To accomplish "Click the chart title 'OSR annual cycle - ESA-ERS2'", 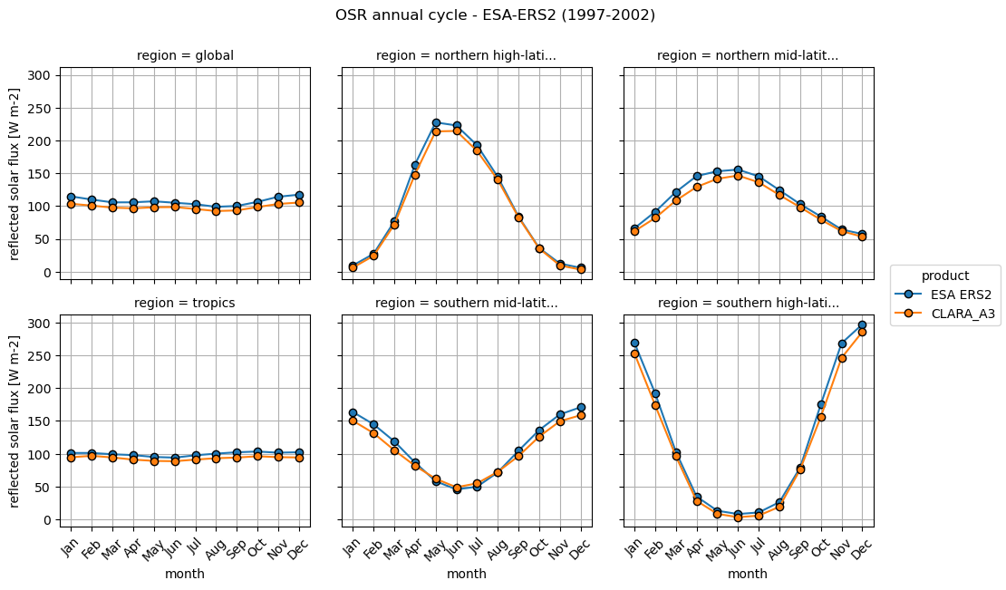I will coord(495,15).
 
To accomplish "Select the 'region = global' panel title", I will coord(185,56).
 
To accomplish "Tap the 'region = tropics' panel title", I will coord(185,304).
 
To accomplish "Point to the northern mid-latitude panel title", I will coord(748,56).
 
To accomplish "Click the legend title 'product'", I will coord(945,276).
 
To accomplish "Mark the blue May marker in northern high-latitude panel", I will coord(436,123).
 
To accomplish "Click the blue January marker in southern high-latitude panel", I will coord(634,343).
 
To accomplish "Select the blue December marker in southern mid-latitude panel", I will coord(581,408).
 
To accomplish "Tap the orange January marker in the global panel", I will coord(71,205).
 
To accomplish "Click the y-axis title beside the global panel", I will coord(15,174).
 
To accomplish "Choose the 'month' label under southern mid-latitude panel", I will coord(467,574).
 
